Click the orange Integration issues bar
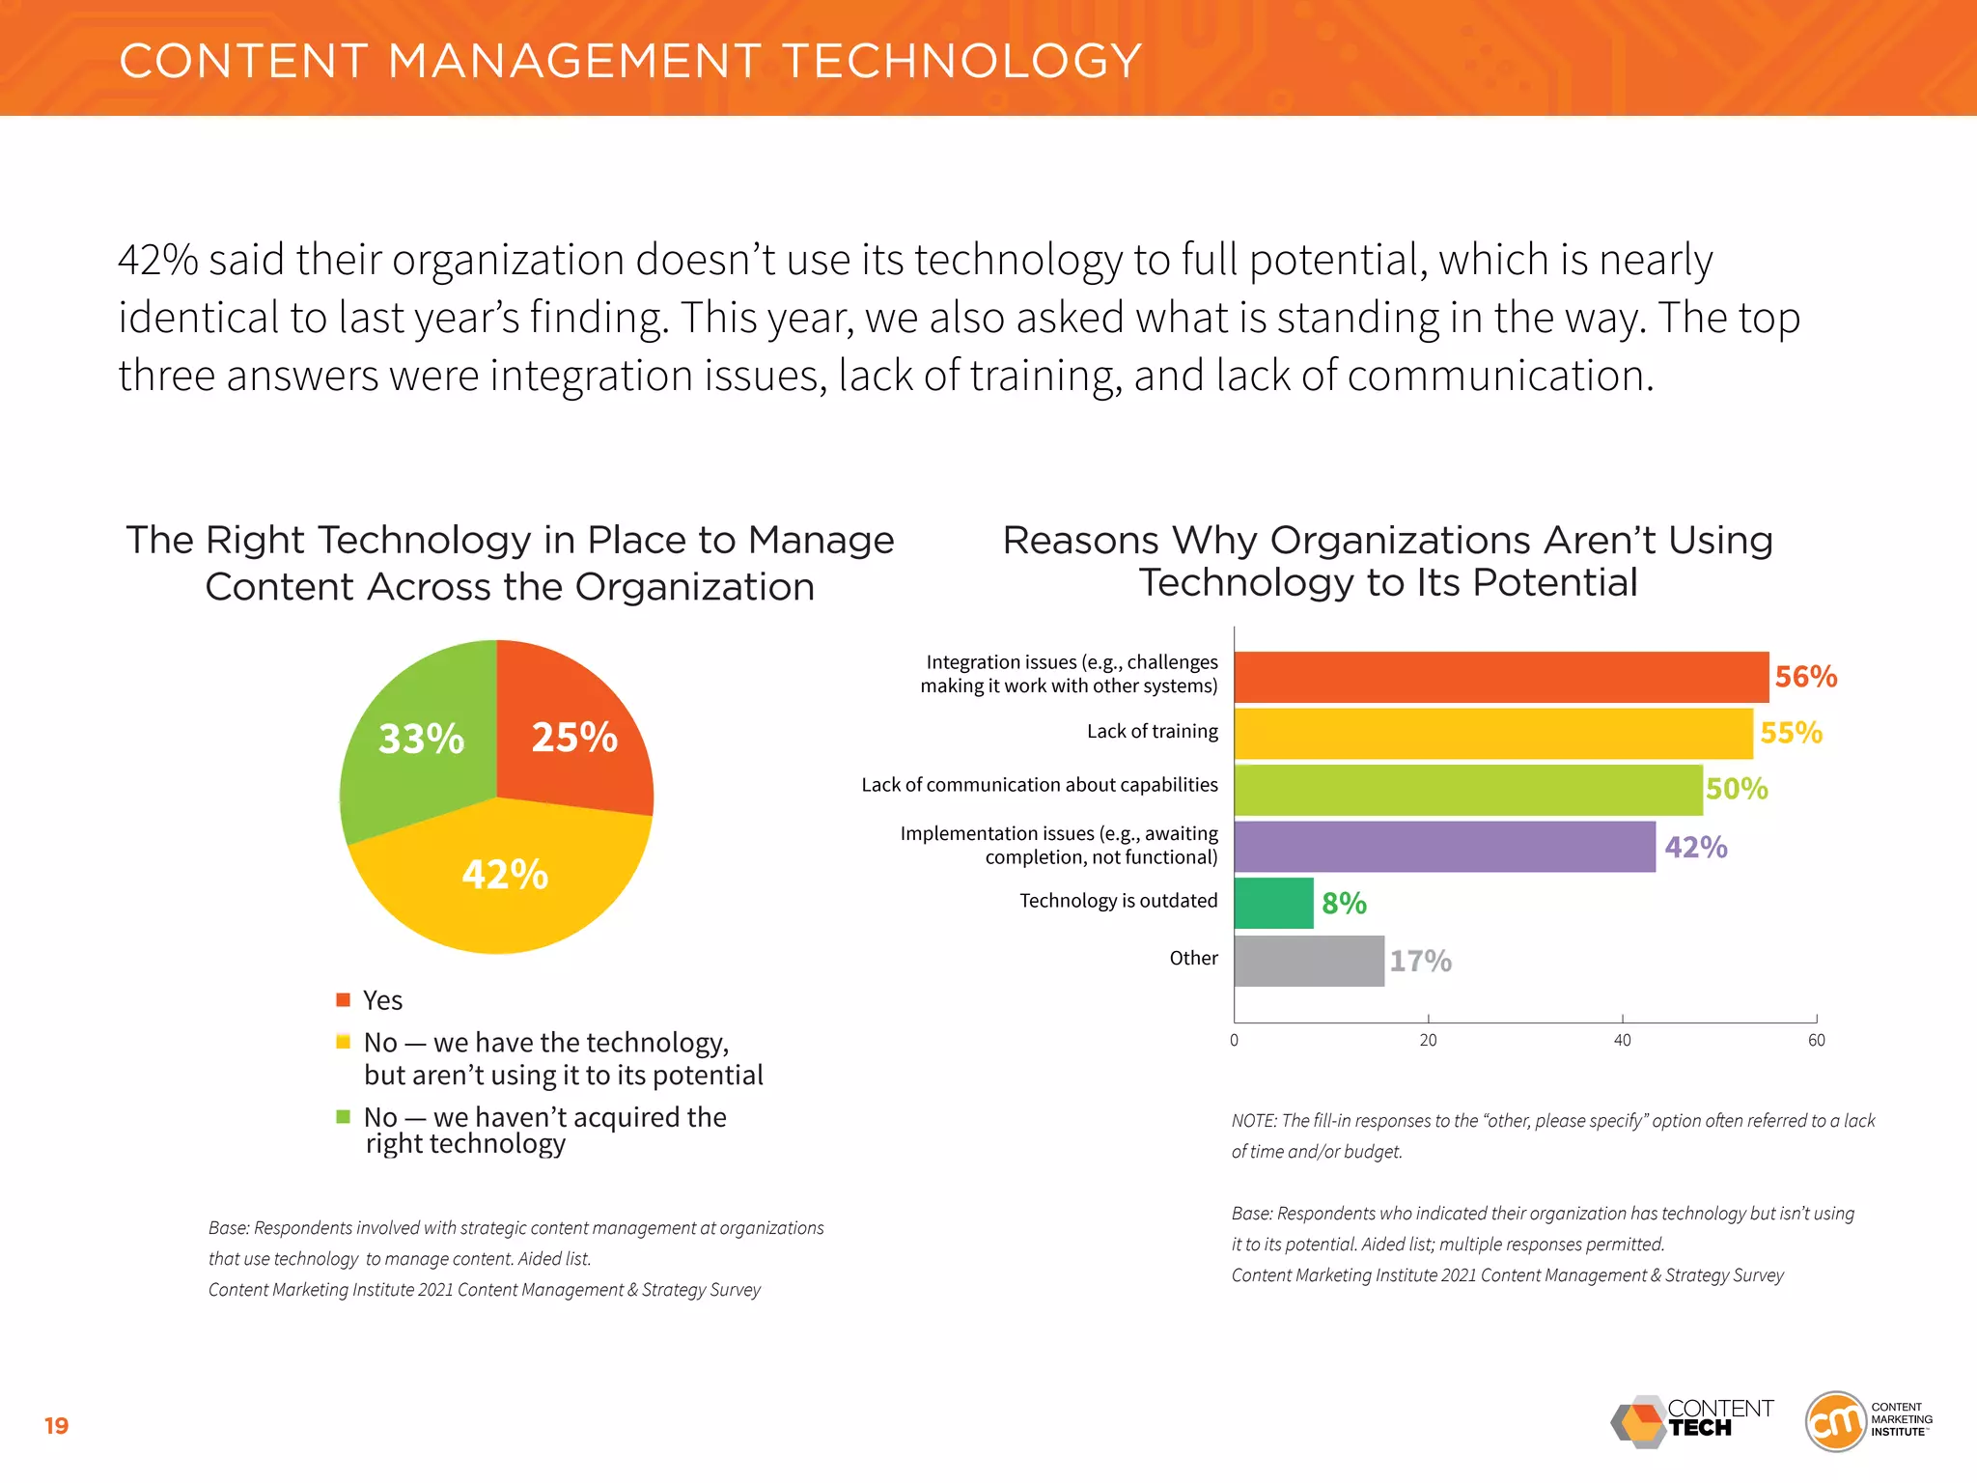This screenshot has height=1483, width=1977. (x=1500, y=677)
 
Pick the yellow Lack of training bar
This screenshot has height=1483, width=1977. (x=1492, y=734)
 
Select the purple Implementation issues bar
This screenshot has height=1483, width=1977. (x=1444, y=847)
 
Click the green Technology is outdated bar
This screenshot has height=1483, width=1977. (x=1273, y=903)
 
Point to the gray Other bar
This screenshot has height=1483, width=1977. (x=1308, y=961)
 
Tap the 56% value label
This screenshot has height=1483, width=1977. (x=1805, y=677)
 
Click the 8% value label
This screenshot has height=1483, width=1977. (x=1344, y=904)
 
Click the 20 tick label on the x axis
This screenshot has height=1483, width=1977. (x=1428, y=1041)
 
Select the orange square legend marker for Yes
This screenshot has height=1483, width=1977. (x=343, y=999)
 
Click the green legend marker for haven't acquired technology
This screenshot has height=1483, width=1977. (x=343, y=1117)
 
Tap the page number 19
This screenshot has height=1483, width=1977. (x=57, y=1426)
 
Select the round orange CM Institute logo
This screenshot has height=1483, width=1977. (x=1834, y=1421)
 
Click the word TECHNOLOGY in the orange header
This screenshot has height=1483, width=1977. (x=961, y=61)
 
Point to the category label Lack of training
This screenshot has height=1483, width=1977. (x=1152, y=732)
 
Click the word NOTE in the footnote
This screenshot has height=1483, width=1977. (x=1253, y=1121)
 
